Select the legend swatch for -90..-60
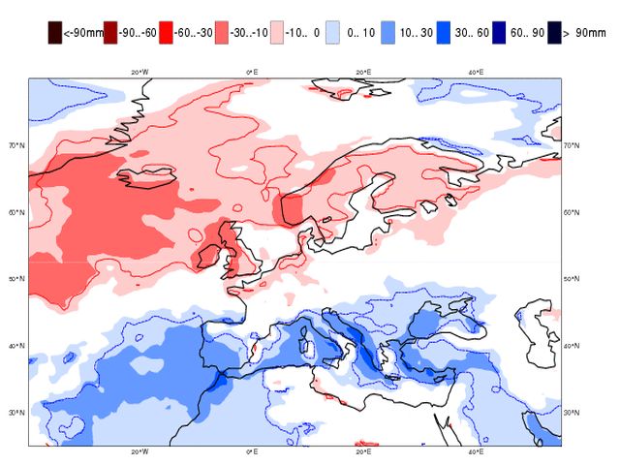pos(110,33)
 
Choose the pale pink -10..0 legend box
pos(277,33)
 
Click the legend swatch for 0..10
pos(332,33)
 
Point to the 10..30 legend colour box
pos(387,33)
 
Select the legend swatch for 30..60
pos(443,33)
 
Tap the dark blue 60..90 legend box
pos(497,33)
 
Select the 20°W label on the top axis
pos(139,73)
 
